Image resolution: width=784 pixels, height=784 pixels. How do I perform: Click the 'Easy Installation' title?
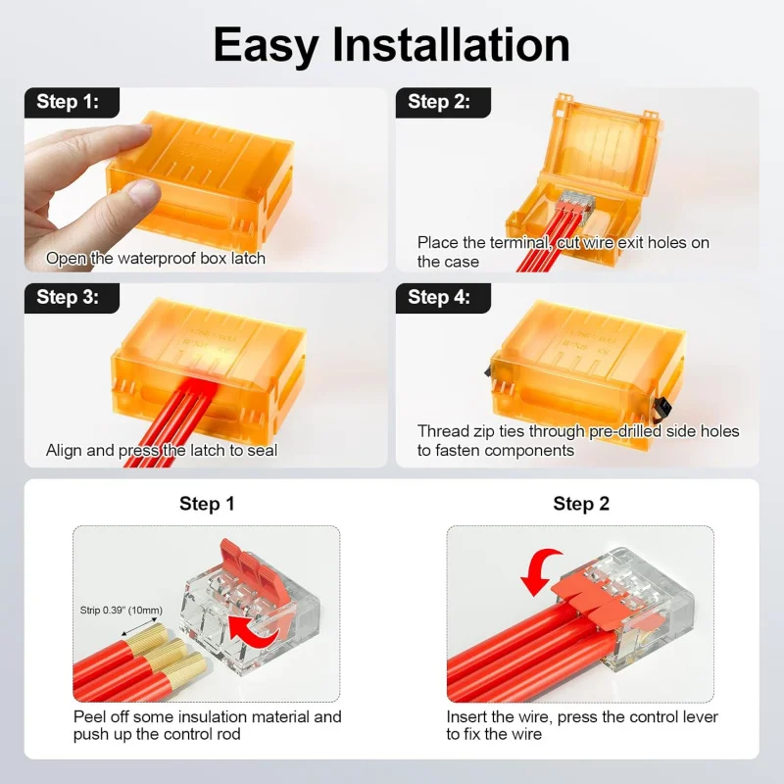tap(391, 46)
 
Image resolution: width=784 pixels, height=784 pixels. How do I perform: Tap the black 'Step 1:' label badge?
tap(72, 103)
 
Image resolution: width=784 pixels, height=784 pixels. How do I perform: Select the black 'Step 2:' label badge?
tap(443, 103)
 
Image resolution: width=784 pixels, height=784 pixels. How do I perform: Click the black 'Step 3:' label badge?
tap(72, 298)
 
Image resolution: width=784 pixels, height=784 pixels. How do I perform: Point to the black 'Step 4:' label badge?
tap(443, 298)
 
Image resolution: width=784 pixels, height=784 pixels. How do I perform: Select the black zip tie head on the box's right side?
tap(662, 409)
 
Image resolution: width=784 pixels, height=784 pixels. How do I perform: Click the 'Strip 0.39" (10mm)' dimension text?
tap(121, 610)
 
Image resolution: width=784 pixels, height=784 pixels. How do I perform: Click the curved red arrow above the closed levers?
tap(540, 570)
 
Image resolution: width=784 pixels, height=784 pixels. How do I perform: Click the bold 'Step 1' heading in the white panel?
tap(207, 504)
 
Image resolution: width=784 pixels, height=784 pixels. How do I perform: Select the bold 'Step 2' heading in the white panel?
tap(581, 504)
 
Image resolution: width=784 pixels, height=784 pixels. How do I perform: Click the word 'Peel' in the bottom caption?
tap(89, 716)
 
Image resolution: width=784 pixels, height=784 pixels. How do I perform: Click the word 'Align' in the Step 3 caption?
tap(64, 451)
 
